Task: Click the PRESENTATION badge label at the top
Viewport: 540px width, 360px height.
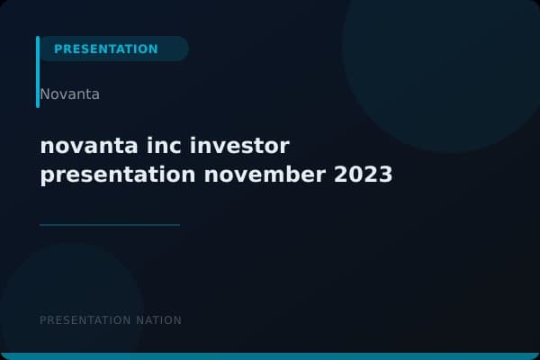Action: click(x=106, y=49)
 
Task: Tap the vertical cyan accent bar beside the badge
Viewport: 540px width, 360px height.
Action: click(x=38, y=72)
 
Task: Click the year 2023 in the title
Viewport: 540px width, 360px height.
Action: click(x=364, y=175)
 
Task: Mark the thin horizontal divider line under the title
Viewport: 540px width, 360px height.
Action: click(x=110, y=224)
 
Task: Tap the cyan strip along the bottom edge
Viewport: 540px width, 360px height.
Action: click(x=270, y=356)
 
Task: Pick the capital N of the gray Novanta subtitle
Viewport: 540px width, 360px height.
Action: click(x=45, y=94)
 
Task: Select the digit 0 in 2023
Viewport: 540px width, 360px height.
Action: click(x=355, y=175)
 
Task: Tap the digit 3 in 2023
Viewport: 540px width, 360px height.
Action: click(x=386, y=175)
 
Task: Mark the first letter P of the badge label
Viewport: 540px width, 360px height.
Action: click(x=58, y=49)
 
